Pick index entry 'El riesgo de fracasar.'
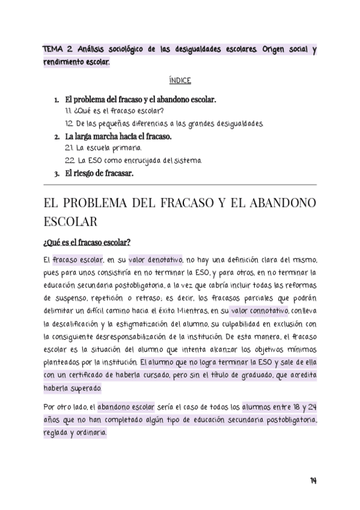click(99, 173)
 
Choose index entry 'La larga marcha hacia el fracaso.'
click(118, 137)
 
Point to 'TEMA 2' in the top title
click(58, 50)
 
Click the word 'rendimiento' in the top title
click(64, 63)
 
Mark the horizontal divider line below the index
click(180, 185)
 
